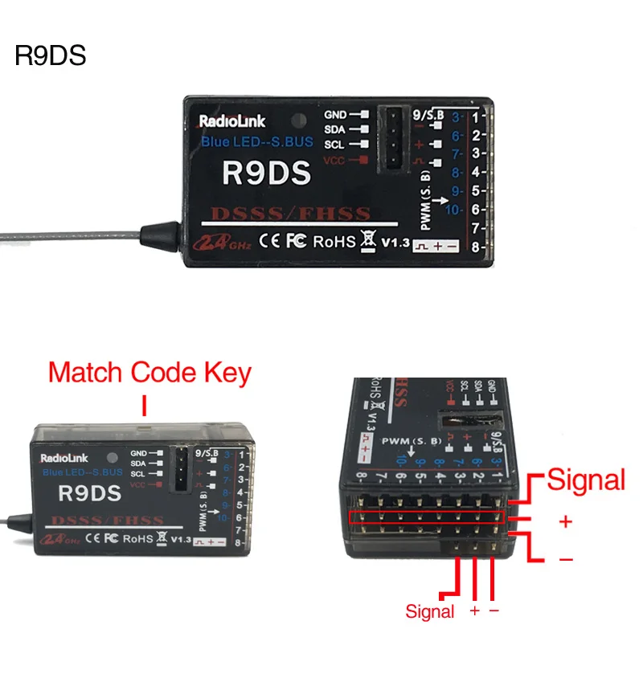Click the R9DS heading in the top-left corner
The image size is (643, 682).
coord(50,57)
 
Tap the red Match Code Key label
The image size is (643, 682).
coord(149,374)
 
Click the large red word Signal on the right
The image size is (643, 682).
coord(586,480)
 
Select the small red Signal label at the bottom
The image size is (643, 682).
coord(429,612)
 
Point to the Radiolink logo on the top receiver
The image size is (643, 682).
coord(231,122)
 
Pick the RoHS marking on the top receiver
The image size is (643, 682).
coord(334,241)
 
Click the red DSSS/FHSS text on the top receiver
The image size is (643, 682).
coord(291,214)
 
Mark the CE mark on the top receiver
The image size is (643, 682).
coord(271,241)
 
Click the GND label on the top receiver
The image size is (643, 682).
coord(335,115)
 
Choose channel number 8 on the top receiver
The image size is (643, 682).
coord(476,247)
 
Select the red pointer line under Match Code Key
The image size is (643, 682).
coord(144,405)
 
